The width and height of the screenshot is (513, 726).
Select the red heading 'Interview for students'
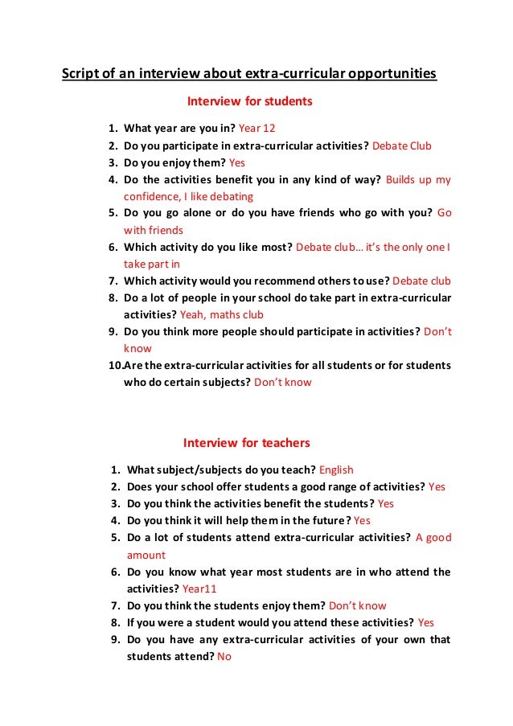pyautogui.click(x=249, y=102)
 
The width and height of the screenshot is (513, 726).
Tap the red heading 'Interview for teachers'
pyautogui.click(x=246, y=443)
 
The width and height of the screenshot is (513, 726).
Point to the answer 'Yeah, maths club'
pyautogui.click(x=221, y=314)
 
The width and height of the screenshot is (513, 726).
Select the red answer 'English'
pyautogui.click(x=336, y=470)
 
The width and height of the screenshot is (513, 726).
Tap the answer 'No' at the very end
pyautogui.click(x=224, y=656)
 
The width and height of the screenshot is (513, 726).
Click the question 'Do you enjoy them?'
pyautogui.click(x=170, y=162)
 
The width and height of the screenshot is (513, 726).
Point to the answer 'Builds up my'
pyautogui.click(x=418, y=179)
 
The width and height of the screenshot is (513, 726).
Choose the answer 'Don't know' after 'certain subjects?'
pyautogui.click(x=282, y=383)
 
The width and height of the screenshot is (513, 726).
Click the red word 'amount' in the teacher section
pyautogui.click(x=146, y=555)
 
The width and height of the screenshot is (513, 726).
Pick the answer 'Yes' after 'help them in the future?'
pyautogui.click(x=362, y=520)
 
